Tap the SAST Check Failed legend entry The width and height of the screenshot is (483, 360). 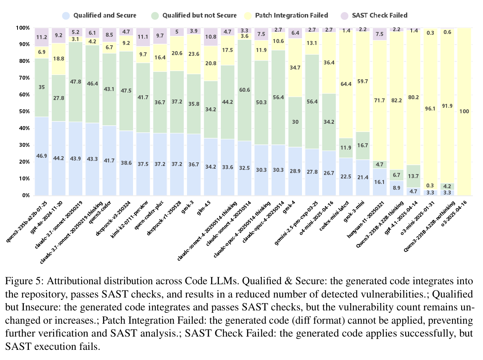click(x=379, y=16)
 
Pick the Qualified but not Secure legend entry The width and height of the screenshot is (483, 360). click(x=194, y=16)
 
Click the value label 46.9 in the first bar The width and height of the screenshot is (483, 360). click(x=42, y=155)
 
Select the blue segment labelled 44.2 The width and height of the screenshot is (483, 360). click(x=59, y=158)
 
